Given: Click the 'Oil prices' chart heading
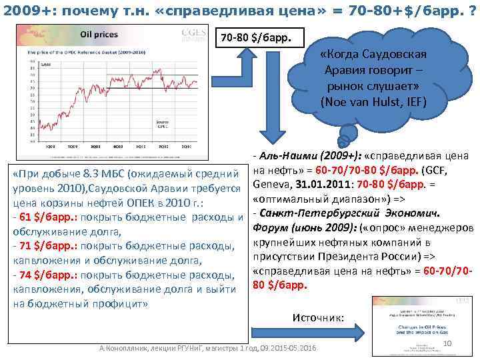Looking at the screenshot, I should pyautogui.click(x=99, y=33).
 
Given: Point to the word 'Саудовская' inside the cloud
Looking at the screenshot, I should pyautogui.click(x=399, y=54).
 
